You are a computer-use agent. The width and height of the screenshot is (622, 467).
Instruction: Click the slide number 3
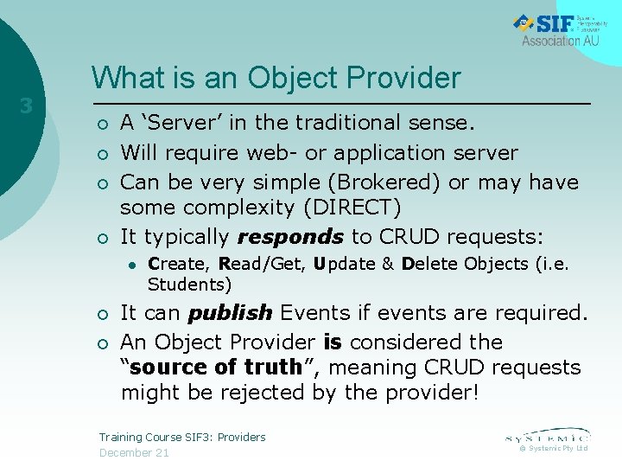click(27, 106)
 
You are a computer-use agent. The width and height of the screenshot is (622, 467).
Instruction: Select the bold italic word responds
click(290, 237)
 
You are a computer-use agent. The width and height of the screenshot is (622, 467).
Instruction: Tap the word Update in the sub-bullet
click(342, 264)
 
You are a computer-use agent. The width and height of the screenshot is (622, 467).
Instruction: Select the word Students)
click(189, 285)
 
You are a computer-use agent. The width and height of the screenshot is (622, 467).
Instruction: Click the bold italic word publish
click(230, 312)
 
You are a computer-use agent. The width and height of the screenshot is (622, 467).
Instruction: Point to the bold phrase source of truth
click(216, 367)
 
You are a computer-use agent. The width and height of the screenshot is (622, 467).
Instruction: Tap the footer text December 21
click(134, 452)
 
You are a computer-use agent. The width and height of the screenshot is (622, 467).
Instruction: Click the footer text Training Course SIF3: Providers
click(182, 437)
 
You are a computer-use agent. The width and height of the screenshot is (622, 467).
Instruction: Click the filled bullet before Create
click(127, 265)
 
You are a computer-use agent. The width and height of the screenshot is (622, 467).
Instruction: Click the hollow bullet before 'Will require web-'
click(103, 154)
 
